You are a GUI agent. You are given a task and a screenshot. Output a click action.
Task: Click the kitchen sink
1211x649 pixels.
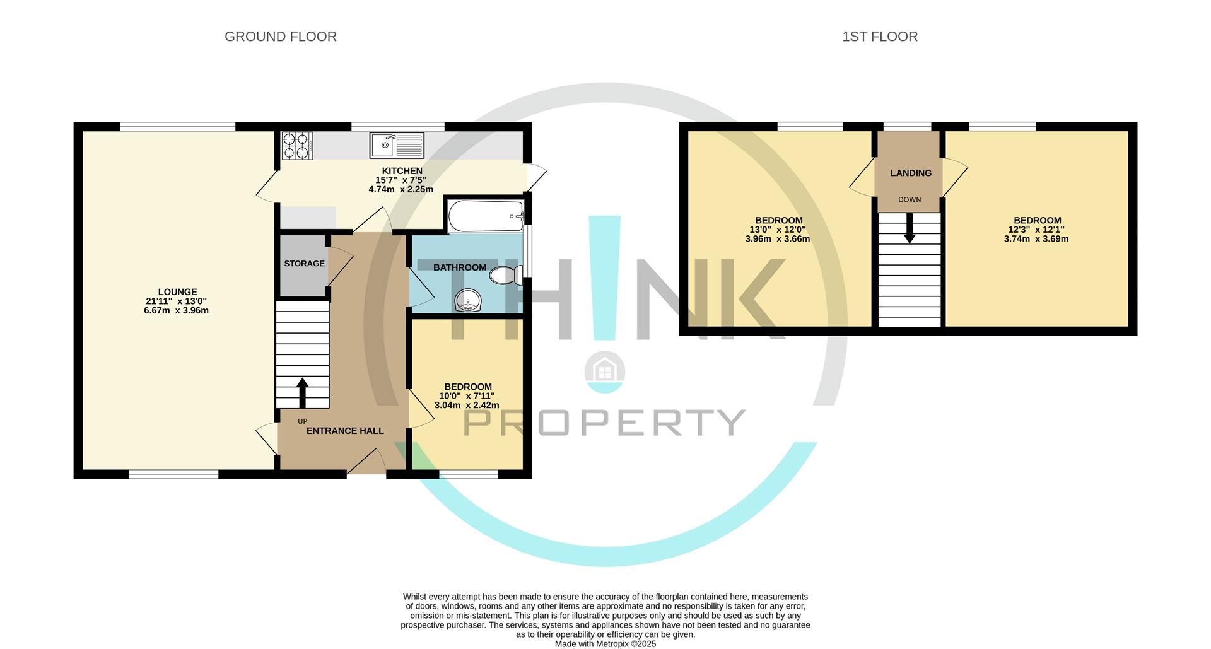point(397,145)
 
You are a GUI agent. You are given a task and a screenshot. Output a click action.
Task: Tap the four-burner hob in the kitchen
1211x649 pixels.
point(297,146)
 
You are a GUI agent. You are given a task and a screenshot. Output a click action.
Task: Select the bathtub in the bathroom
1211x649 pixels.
point(485,217)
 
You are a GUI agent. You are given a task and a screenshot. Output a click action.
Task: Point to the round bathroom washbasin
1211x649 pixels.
point(468,301)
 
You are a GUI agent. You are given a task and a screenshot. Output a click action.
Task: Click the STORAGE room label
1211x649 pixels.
point(304,264)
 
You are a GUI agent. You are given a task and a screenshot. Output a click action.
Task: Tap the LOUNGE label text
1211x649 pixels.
point(177,292)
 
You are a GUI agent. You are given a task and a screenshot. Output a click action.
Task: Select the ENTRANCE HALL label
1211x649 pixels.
point(345,431)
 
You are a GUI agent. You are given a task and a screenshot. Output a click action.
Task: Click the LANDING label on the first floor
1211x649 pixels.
point(911,173)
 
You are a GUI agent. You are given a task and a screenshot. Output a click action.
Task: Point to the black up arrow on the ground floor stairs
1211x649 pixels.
point(303,393)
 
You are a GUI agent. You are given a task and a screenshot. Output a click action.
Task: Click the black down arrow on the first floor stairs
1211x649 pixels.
point(910,228)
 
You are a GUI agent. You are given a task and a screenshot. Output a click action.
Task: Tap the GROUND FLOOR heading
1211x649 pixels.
point(281,37)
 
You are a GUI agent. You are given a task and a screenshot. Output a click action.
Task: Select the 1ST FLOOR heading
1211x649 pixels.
point(880,37)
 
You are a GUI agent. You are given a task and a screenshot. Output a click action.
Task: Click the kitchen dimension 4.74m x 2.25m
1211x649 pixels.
point(401,189)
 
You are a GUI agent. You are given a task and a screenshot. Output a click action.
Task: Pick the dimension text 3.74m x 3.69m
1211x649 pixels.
point(1036,239)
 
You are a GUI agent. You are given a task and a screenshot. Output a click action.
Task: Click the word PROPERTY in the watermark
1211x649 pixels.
point(605,422)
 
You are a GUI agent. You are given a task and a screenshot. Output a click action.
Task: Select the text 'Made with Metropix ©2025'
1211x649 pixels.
point(605,644)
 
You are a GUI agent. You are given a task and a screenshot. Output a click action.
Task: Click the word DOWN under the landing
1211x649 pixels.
point(910,200)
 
